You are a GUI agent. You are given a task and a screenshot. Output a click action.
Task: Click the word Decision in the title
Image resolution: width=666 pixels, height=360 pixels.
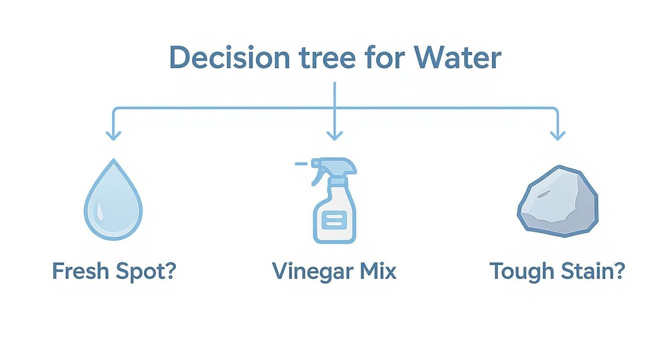point(230,58)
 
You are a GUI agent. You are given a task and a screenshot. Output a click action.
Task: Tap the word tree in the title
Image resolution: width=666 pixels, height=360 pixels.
point(327,58)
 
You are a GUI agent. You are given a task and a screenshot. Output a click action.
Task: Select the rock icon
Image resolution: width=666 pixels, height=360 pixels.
point(558,201)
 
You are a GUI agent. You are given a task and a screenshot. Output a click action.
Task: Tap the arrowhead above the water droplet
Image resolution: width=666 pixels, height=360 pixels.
point(113,135)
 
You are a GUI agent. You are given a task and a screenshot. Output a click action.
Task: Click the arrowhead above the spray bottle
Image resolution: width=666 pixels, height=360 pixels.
point(334,135)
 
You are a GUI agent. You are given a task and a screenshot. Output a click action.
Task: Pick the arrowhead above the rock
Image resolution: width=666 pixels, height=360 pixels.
point(557,135)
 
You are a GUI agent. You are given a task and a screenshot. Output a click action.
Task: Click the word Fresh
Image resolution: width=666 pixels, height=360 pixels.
point(80,271)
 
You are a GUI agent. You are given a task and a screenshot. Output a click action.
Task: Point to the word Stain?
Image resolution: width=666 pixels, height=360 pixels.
point(593,271)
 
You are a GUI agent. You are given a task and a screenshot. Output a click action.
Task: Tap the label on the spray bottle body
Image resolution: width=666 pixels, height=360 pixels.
point(334,220)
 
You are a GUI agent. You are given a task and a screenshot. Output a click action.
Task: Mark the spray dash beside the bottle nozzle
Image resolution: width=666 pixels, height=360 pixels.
point(301,164)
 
